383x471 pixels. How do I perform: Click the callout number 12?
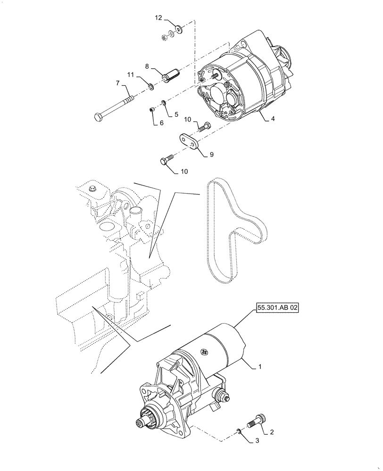[x=158, y=17]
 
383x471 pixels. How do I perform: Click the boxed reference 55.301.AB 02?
[x=278, y=309]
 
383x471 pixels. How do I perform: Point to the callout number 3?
[x=257, y=440]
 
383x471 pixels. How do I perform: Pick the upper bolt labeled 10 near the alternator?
[x=204, y=127]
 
